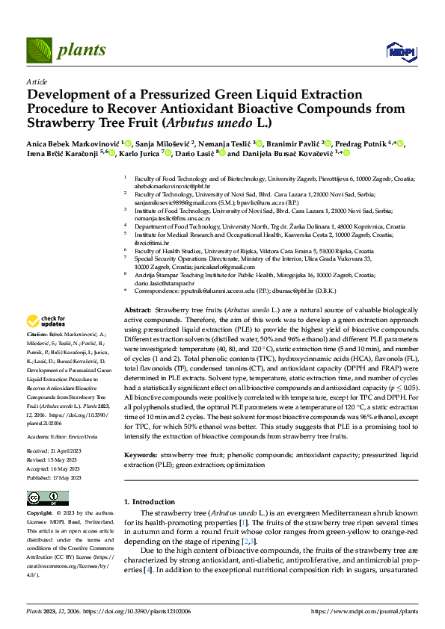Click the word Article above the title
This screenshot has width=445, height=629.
tap(37, 81)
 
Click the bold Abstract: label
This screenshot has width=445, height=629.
tap(139, 309)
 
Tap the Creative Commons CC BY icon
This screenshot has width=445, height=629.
tap(48, 498)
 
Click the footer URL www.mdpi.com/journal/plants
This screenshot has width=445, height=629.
tap(370, 610)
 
